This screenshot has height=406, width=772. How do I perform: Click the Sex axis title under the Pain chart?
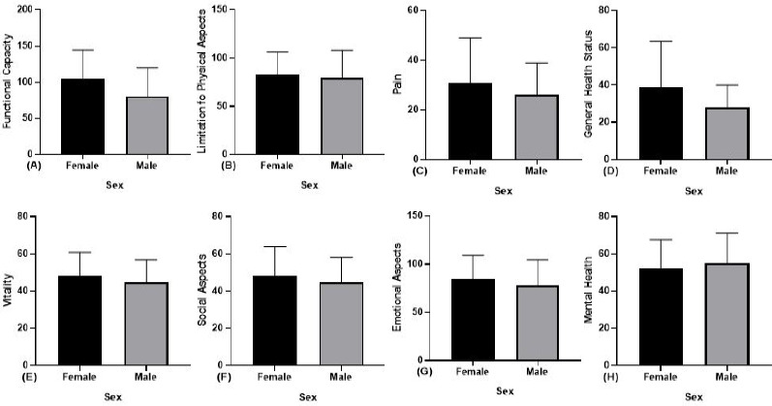point(502,191)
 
